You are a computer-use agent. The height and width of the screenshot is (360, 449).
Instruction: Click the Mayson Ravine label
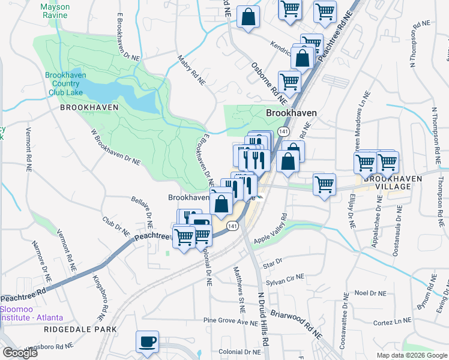55,11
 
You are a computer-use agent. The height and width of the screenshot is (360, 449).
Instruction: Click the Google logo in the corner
20,353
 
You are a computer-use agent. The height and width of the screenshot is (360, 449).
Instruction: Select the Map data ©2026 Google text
411,355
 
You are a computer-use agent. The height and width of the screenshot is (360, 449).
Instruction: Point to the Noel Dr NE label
369,293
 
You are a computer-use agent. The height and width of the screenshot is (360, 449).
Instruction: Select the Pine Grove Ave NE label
230,321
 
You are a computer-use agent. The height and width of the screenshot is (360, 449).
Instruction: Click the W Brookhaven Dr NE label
114,146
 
